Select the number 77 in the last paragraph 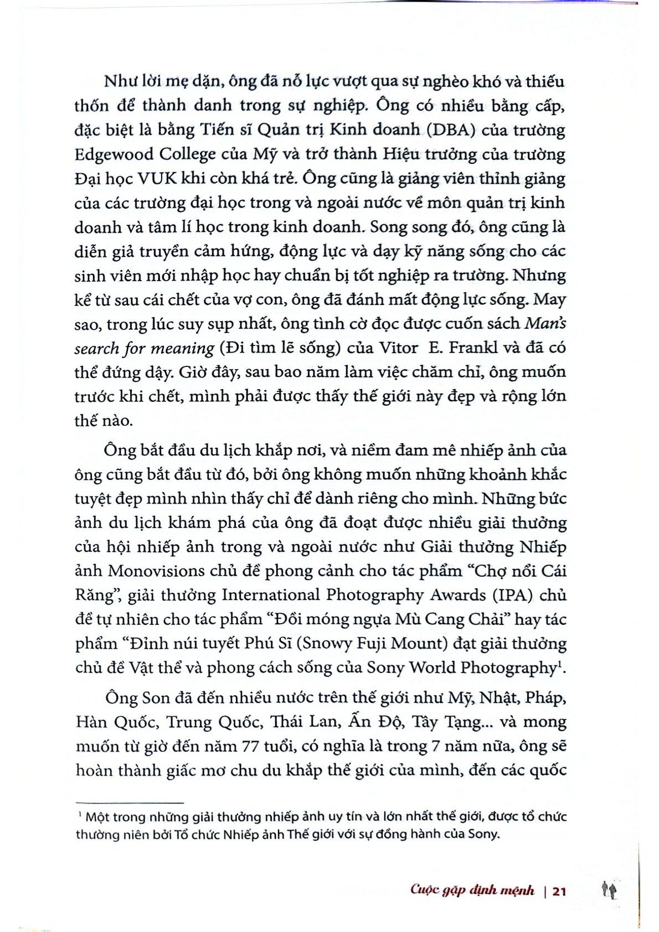coord(254,747)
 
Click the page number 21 coord(559,891)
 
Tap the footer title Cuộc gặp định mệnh coord(472,890)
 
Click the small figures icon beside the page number coord(609,890)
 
